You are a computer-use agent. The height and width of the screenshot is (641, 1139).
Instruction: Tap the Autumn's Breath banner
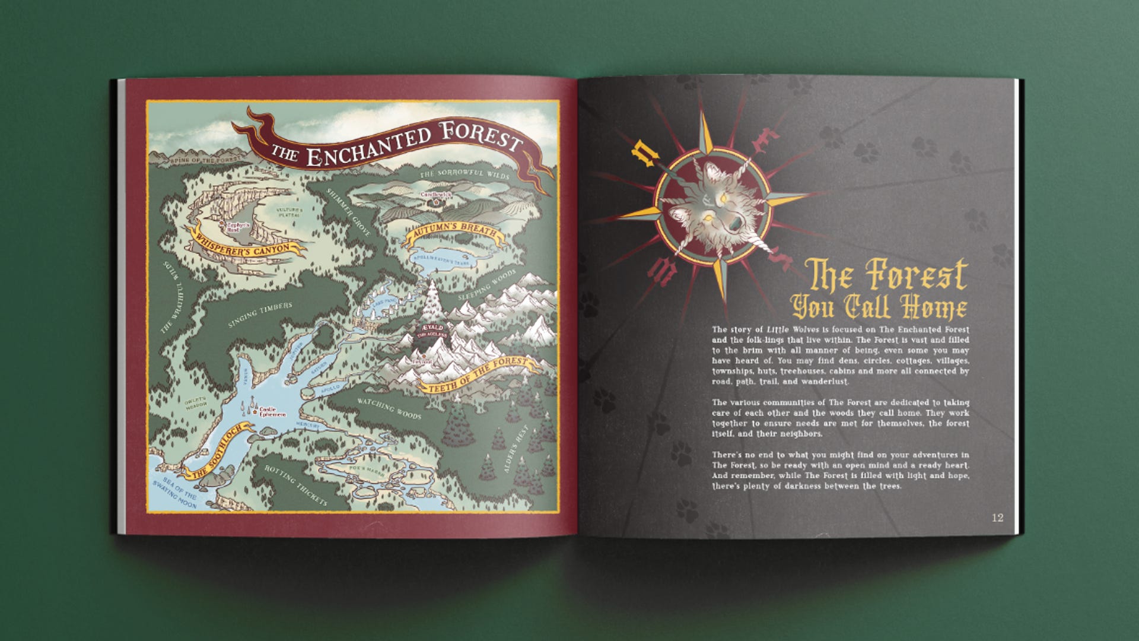point(454,234)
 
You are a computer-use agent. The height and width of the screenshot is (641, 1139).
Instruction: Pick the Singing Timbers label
point(260,315)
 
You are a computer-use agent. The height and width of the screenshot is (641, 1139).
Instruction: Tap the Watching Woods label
point(389,408)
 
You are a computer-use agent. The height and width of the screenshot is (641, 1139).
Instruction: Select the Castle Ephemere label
point(272,412)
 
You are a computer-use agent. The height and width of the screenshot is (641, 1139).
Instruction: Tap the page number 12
point(998,518)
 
